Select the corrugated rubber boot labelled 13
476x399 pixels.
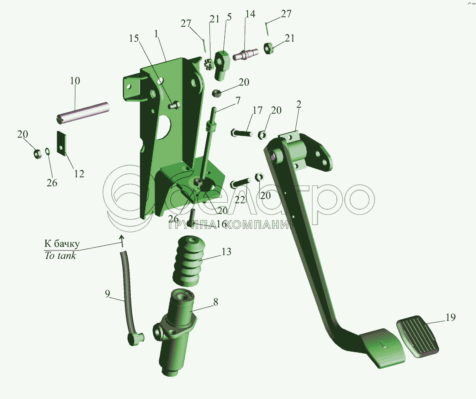(189, 260)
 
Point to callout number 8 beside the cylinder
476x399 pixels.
(216, 302)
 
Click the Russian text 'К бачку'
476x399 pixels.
(62, 243)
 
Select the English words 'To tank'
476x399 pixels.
(60, 256)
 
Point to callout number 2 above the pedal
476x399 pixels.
(299, 104)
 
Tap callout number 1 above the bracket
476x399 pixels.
(156, 34)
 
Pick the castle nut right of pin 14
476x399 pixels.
(269, 49)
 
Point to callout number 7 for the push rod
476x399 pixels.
(238, 101)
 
